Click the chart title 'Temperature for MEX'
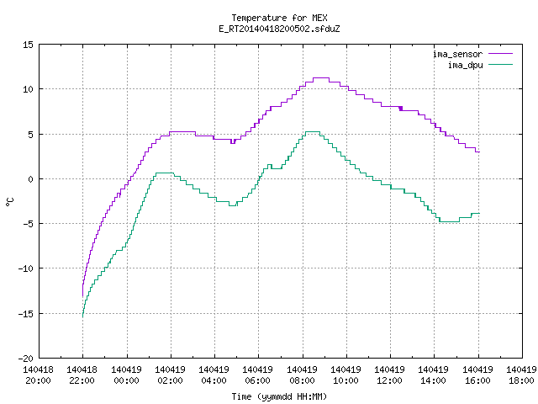[279, 18]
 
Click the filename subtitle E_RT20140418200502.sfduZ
[279, 29]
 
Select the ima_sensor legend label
[457, 54]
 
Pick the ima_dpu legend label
[465, 65]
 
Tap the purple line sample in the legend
[501, 54]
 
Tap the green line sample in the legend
[501, 64]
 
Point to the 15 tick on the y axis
[28, 45]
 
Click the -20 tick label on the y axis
[26, 359]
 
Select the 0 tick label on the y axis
[31, 179]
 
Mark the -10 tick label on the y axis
[26, 268]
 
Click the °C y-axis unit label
[10, 202]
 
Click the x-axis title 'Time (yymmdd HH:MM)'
[279, 396]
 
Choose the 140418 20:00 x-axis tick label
[39, 375]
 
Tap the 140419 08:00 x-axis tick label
[303, 375]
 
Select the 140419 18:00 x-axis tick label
[521, 375]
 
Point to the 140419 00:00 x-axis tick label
[127, 375]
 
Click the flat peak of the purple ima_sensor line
[321, 78]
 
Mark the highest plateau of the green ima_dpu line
[313, 131]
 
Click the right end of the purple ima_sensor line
[479, 151]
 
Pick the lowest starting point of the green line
[82, 316]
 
